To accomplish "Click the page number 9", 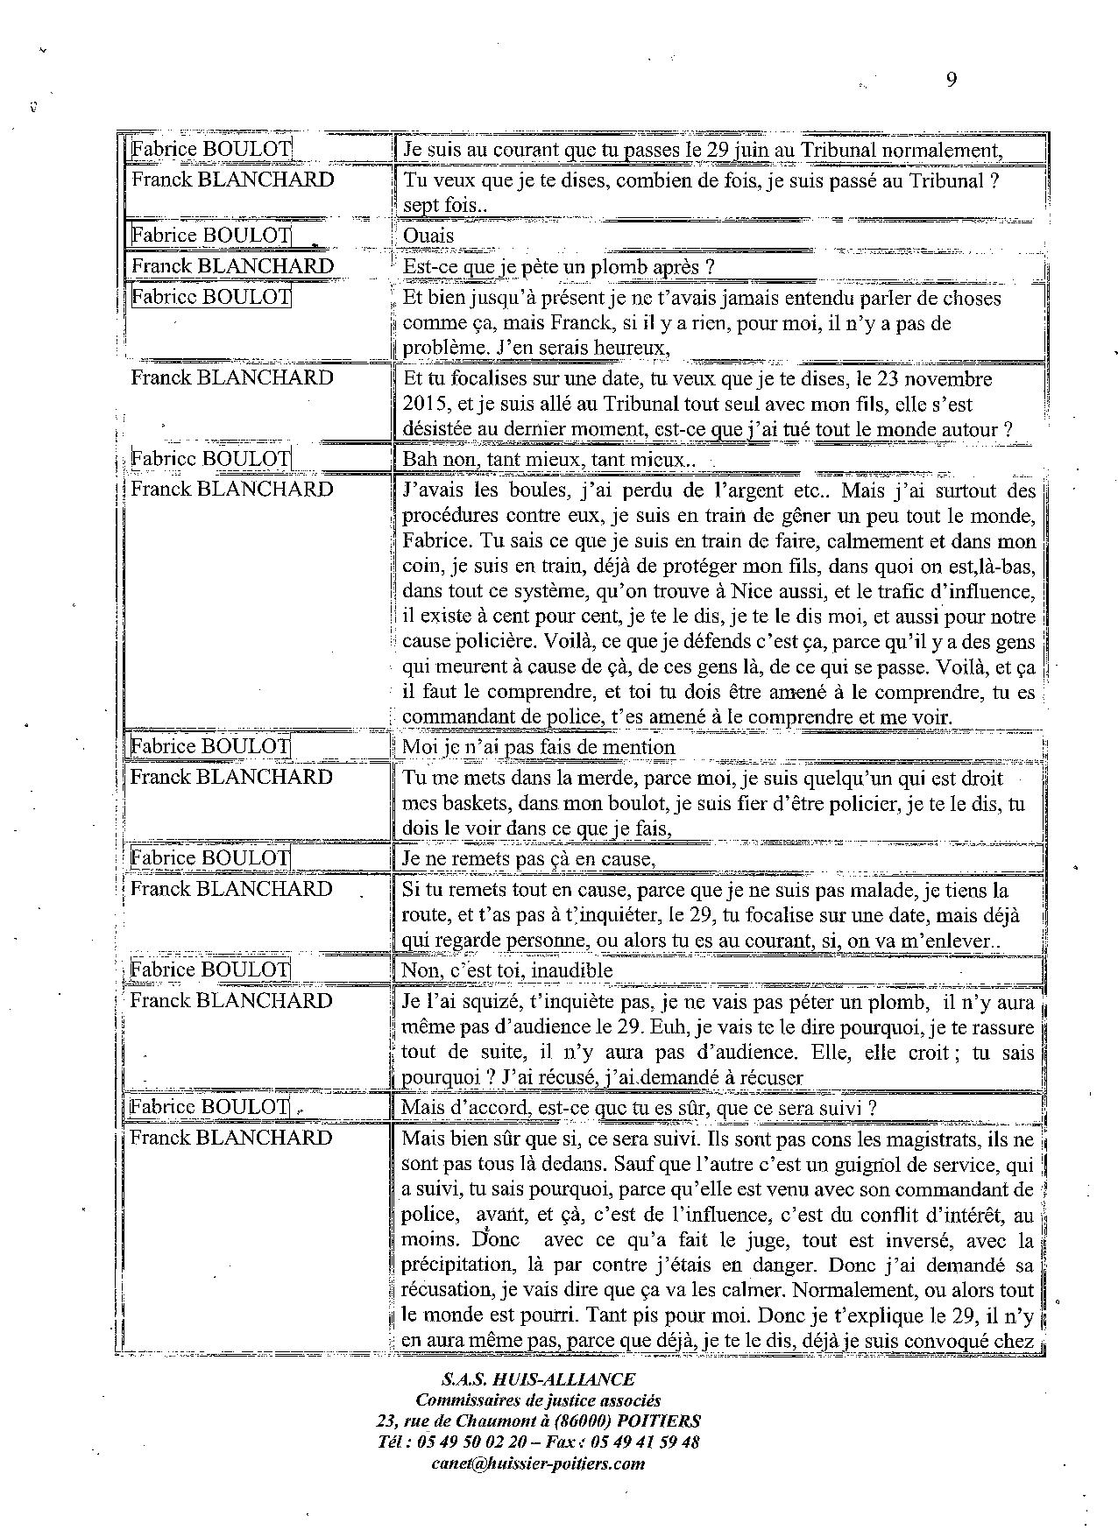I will [x=952, y=80].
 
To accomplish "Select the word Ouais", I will [x=428, y=236].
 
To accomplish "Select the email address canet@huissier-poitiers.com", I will [x=538, y=1463].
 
